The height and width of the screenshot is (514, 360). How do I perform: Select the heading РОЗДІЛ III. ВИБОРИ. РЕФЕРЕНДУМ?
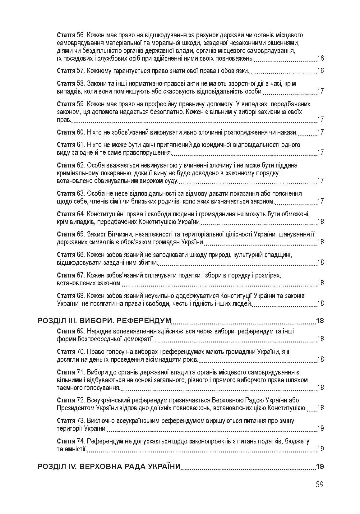click(x=105, y=320)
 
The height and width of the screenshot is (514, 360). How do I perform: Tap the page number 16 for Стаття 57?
click(x=320, y=71)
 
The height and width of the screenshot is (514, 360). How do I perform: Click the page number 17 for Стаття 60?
click(x=320, y=132)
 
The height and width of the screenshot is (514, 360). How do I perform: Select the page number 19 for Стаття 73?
click(x=320, y=428)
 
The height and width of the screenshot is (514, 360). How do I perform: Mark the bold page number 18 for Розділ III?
click(x=320, y=320)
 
